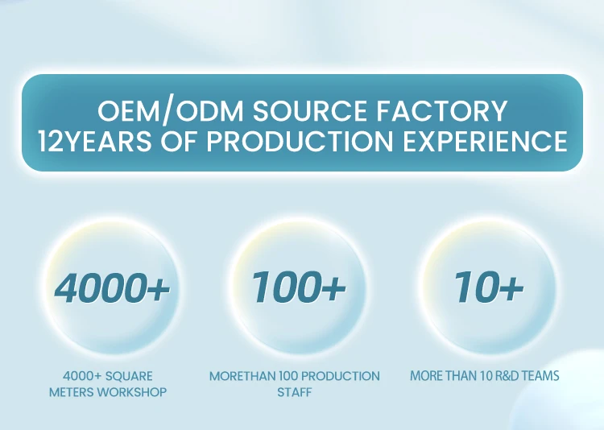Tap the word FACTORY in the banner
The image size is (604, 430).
[441, 111]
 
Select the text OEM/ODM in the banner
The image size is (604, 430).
[170, 111]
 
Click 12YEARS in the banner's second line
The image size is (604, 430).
[95, 141]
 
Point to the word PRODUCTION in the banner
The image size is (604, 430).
[300, 141]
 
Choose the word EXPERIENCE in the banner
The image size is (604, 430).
[485, 141]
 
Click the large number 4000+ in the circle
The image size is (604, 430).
[112, 287]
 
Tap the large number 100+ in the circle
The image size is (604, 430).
[298, 287]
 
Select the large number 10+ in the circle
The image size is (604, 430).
[489, 287]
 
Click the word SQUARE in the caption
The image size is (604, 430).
[129, 376]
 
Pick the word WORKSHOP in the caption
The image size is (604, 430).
[132, 392]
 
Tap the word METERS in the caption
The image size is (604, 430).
[71, 392]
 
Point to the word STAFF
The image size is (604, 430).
[294, 392]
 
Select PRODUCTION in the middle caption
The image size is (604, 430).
[344, 376]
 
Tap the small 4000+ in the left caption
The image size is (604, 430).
[82, 376]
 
